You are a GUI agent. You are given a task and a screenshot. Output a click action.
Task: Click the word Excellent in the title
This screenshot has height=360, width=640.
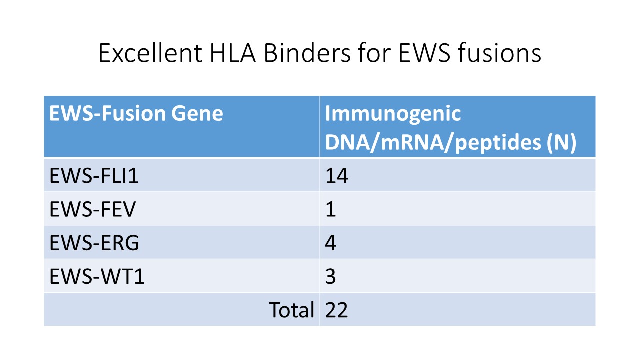[x=150, y=53]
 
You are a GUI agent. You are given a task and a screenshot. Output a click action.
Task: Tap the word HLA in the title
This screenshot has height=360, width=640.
[x=232, y=53]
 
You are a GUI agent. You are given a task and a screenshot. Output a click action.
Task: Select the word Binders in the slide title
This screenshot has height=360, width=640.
[x=307, y=53]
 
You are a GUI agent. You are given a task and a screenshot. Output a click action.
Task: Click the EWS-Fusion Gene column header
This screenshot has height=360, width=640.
[x=136, y=113]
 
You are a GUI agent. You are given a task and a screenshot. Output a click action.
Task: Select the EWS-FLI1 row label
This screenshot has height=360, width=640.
[x=94, y=175]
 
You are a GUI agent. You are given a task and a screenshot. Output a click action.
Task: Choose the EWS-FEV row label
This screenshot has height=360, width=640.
[x=93, y=209]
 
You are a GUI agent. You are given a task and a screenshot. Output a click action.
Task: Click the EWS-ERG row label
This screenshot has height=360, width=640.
[x=94, y=243]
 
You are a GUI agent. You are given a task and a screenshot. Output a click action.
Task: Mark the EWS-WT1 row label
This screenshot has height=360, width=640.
[x=97, y=276]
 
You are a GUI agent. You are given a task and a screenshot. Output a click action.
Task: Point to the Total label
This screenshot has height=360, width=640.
[x=291, y=310]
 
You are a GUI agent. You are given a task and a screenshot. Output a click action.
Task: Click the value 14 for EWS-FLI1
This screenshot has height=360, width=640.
[x=337, y=175]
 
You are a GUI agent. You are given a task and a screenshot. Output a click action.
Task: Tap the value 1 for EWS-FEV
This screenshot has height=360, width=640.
[x=331, y=209]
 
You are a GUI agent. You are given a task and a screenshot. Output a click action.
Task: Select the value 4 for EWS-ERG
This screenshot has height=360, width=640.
[x=331, y=243]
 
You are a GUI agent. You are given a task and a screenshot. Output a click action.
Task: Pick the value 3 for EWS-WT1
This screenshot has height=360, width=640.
[x=330, y=276]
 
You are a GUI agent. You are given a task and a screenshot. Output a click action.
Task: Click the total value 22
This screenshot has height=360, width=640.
[x=336, y=310]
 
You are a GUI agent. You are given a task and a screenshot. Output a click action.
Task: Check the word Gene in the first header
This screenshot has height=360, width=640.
[x=197, y=113]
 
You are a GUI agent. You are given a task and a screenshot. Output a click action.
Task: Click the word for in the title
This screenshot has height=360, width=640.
[x=374, y=53]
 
